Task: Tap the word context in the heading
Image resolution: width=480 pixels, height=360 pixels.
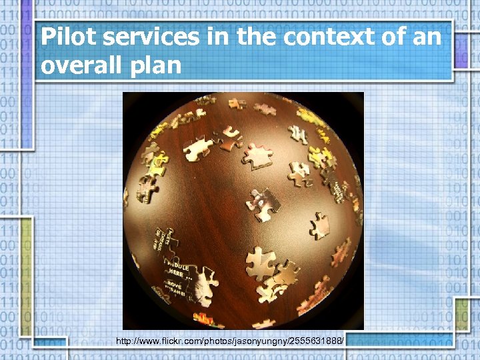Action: (325, 37)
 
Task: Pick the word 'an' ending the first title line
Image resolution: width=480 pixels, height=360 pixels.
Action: (427, 38)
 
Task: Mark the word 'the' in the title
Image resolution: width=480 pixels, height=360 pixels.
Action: (253, 37)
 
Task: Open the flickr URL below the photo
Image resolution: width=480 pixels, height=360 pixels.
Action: (230, 341)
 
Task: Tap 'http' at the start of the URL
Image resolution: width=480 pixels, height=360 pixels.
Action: (123, 341)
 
